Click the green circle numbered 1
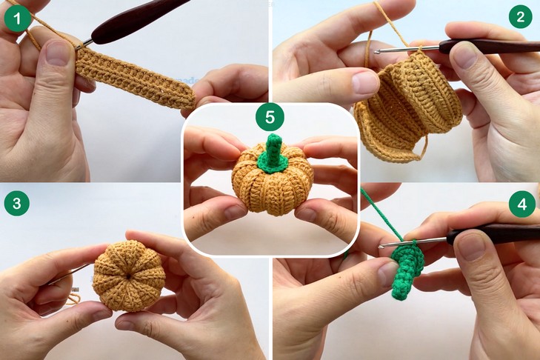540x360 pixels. (17, 19)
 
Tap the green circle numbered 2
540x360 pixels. (520, 16)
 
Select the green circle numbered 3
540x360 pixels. (17, 203)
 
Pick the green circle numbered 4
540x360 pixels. (522, 204)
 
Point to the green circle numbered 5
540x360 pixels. (270, 117)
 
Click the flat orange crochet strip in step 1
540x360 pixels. (134, 79)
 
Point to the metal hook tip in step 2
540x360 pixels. (377, 52)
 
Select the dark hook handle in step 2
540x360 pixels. (489, 46)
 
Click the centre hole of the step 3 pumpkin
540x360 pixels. (128, 276)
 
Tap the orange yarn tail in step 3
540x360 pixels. (73, 299)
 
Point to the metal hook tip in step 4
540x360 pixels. (381, 247)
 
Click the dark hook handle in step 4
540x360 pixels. (493, 233)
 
